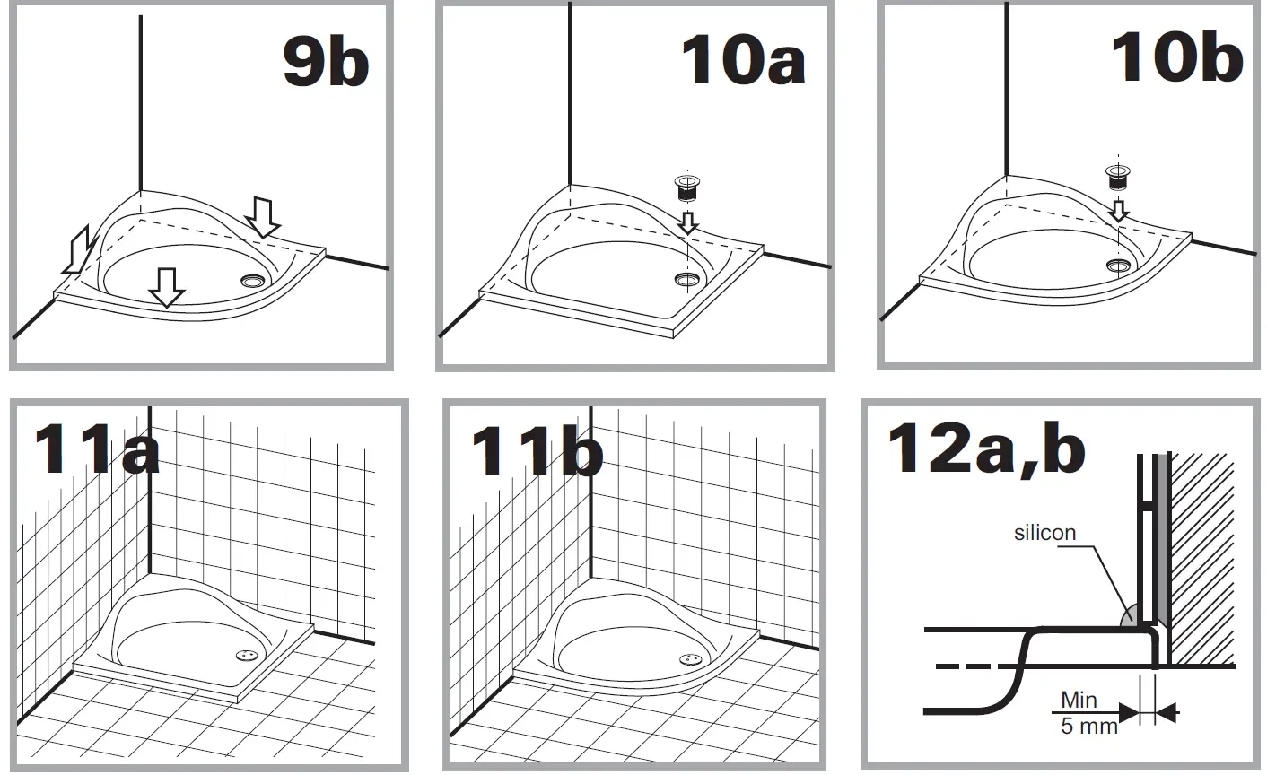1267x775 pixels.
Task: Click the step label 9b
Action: pos(325,63)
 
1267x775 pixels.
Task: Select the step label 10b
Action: pos(1175,58)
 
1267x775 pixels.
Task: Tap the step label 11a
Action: pos(96,450)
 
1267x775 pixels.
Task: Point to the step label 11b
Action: pos(536,450)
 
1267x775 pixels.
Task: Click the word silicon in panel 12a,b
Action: pos(1044,533)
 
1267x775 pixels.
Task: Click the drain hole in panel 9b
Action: pos(253,281)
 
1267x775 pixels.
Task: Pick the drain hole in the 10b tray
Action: pos(1118,265)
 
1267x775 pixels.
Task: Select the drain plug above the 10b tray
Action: pos(1118,177)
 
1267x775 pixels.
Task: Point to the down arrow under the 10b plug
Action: pos(1118,210)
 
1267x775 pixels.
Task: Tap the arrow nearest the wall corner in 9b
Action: pos(263,217)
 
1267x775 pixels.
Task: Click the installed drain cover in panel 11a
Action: pos(246,657)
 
